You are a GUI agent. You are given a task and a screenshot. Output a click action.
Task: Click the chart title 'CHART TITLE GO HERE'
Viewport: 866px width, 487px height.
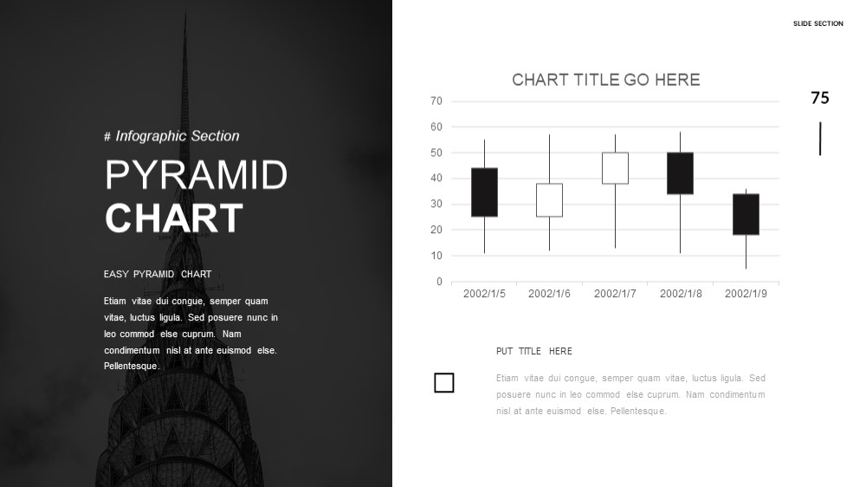click(x=606, y=80)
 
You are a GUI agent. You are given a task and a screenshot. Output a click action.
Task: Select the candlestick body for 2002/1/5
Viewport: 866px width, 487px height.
click(x=484, y=192)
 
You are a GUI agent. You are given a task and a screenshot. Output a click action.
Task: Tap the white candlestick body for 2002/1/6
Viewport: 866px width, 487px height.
click(x=550, y=200)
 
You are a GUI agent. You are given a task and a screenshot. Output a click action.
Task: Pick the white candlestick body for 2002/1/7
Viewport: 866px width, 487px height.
click(x=615, y=168)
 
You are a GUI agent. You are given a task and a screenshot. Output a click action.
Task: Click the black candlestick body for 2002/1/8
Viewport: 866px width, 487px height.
click(x=681, y=173)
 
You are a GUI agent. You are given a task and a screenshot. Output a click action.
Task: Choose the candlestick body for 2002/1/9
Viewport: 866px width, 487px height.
click(x=746, y=215)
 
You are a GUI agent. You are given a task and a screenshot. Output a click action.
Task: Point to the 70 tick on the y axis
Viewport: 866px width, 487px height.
click(x=436, y=101)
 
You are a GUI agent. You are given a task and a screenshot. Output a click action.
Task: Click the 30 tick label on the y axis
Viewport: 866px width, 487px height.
click(x=436, y=204)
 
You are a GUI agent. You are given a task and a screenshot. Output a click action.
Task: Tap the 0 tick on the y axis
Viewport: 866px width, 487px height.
click(x=439, y=282)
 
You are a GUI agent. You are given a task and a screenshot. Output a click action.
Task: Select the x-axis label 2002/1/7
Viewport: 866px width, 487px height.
click(x=615, y=294)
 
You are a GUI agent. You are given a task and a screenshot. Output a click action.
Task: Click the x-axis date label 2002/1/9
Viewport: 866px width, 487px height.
click(x=746, y=294)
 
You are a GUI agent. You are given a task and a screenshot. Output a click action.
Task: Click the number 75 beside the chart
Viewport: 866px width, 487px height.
click(x=820, y=98)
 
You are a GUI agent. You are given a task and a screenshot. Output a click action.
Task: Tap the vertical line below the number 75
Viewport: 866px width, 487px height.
click(x=820, y=139)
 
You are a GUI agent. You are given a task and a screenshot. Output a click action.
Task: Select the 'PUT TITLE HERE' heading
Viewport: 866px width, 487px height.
click(x=534, y=351)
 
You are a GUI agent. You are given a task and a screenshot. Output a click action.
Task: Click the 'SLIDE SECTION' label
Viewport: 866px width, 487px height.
click(x=818, y=23)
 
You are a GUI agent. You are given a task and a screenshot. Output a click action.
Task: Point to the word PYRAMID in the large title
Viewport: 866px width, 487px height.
click(x=196, y=175)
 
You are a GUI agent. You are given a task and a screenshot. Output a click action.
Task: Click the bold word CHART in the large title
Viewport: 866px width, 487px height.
click(x=174, y=218)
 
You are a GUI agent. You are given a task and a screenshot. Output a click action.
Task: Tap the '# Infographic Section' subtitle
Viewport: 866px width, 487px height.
click(x=171, y=136)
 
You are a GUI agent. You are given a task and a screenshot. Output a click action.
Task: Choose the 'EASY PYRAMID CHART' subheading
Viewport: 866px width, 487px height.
click(x=158, y=274)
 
